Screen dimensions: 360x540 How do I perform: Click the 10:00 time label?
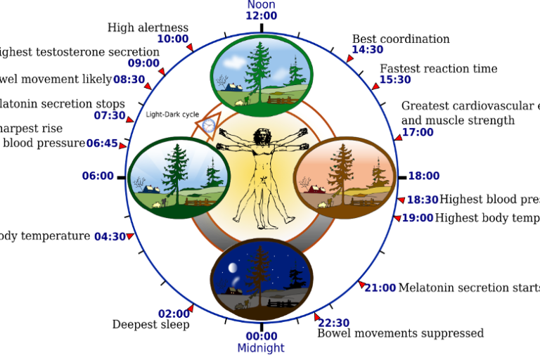172,39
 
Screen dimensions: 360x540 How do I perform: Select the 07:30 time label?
110,115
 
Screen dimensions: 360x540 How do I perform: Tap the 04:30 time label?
110,236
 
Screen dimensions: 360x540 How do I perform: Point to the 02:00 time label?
174,314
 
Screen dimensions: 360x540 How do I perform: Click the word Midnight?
261,348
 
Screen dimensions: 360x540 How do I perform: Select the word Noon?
261,4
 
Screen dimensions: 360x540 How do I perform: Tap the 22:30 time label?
334,323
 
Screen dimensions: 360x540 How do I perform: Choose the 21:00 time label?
380,287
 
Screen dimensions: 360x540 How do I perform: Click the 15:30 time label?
395,79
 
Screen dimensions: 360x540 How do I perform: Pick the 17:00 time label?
418,132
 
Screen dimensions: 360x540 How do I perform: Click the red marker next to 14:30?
349,58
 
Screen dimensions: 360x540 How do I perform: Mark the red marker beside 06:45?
122,146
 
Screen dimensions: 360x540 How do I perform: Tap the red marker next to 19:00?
397,219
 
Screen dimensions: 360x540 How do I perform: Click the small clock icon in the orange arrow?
208,126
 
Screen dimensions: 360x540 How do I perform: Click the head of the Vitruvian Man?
263,135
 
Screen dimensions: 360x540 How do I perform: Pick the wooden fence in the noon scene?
279,100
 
